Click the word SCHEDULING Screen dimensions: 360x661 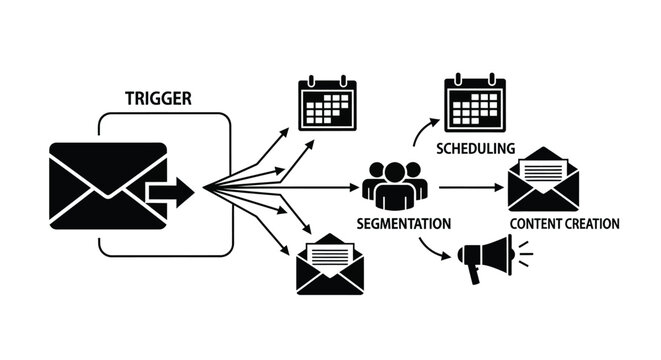tap(476, 148)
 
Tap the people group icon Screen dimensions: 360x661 tap(392, 183)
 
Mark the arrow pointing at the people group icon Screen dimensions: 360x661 tap(330, 187)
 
